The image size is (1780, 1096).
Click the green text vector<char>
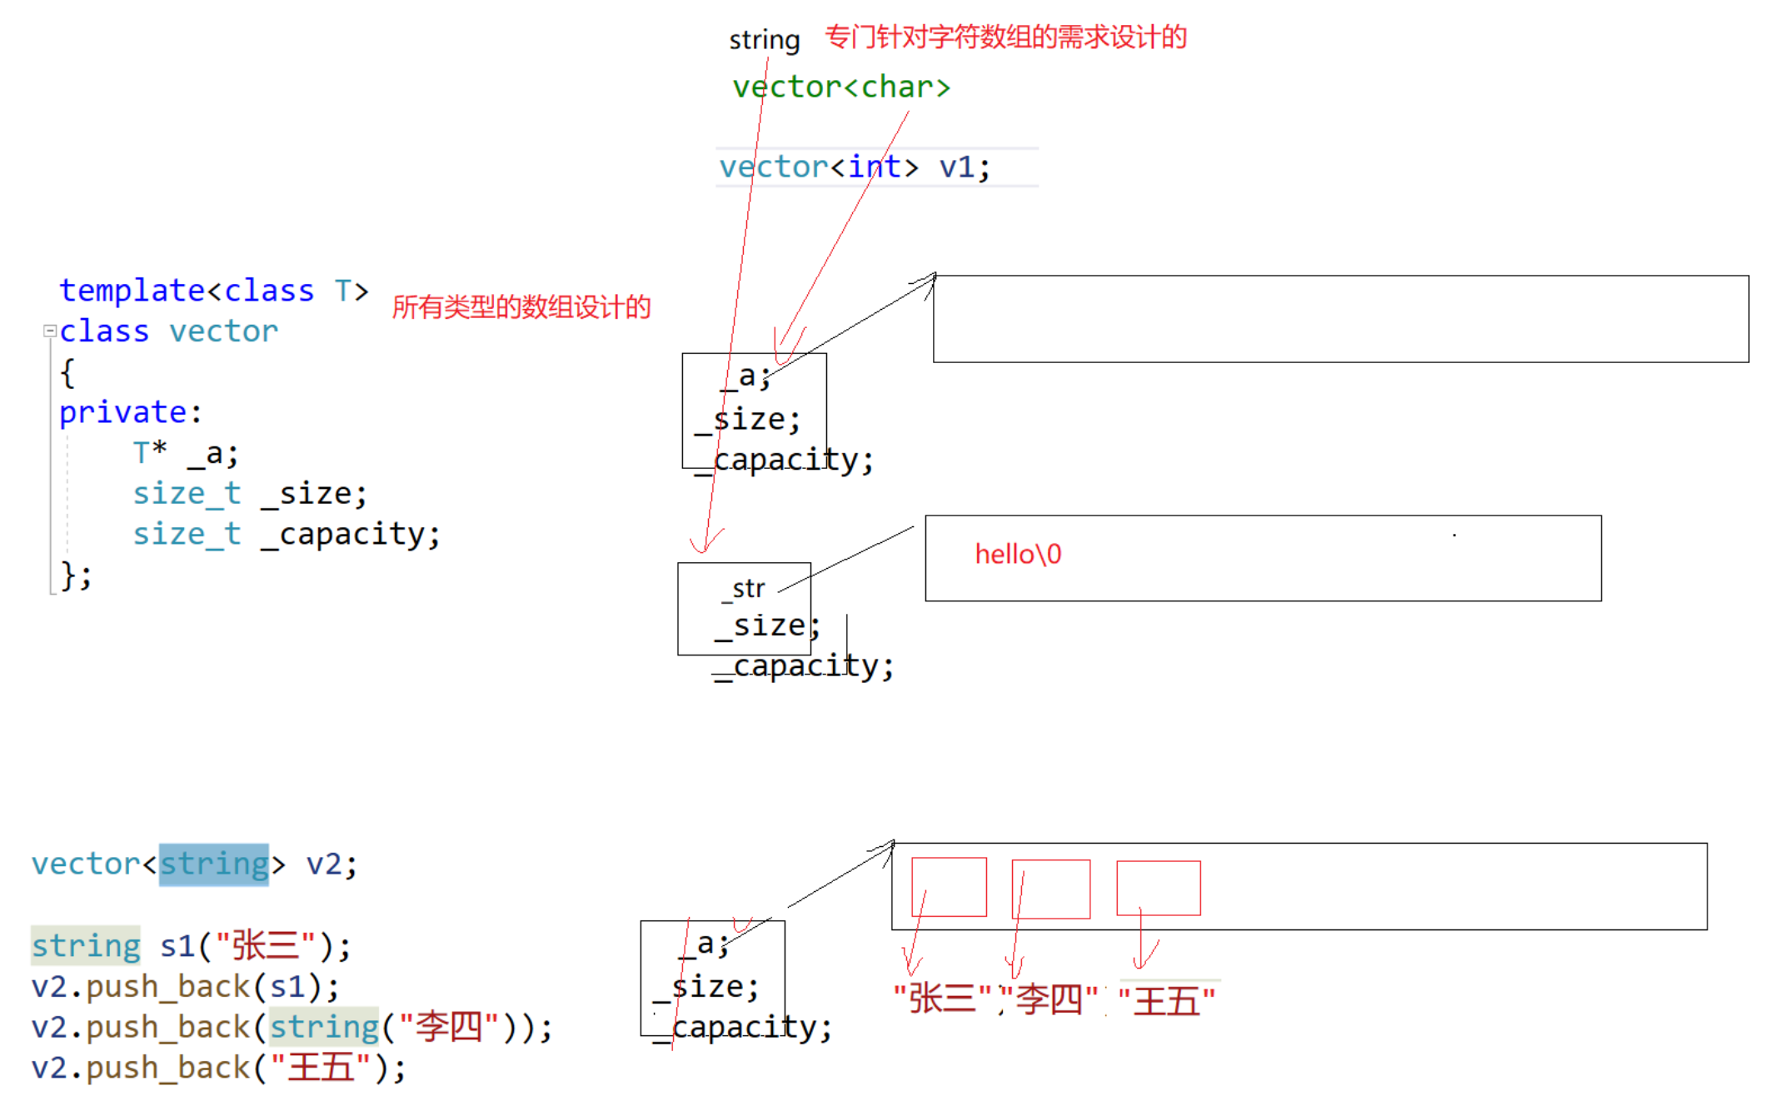pyautogui.click(x=841, y=87)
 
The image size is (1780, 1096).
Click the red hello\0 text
pyautogui.click(x=1018, y=555)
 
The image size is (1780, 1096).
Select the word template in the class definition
pyautogui.click(x=132, y=291)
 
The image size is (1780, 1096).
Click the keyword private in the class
pyautogui.click(x=122, y=413)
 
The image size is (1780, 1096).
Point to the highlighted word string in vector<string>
pyautogui.click(x=214, y=864)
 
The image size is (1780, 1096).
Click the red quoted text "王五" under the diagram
pyautogui.click(x=1167, y=1000)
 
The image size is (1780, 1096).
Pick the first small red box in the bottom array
pyautogui.click(x=949, y=887)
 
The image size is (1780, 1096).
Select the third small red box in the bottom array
pyautogui.click(x=1159, y=888)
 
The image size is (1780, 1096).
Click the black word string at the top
pyautogui.click(x=764, y=40)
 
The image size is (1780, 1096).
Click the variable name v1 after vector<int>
pyautogui.click(x=956, y=167)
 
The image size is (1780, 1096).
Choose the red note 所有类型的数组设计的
pyautogui.click(x=521, y=307)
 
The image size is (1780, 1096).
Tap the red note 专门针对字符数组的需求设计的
pyautogui.click(x=1005, y=37)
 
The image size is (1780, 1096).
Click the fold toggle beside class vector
pyautogui.click(x=50, y=331)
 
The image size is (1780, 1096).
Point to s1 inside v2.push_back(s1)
pyautogui.click(x=287, y=987)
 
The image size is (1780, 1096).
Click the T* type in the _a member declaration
pyautogui.click(x=150, y=453)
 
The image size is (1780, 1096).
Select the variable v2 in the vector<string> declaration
pyautogui.click(x=323, y=864)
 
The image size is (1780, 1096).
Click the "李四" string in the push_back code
pyautogui.click(x=449, y=1027)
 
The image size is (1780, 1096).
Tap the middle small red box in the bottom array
pyautogui.click(x=1051, y=889)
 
